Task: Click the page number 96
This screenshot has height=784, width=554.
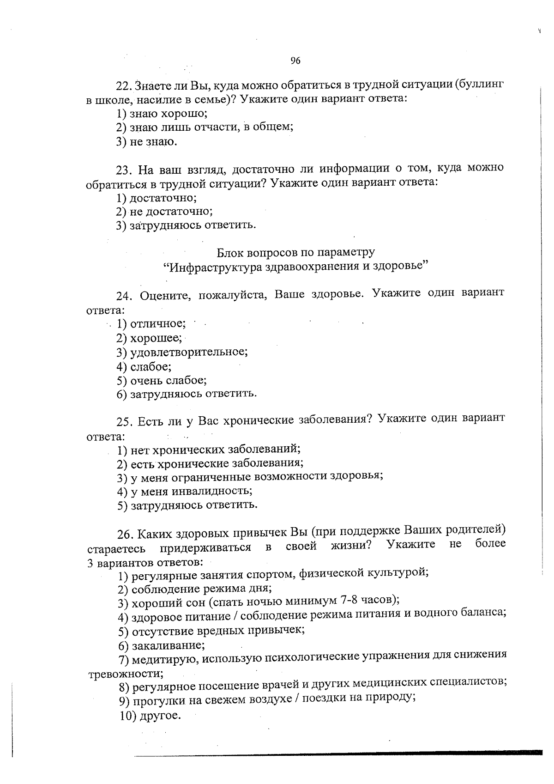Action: [x=295, y=61]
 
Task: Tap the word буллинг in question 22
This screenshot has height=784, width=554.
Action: [x=481, y=85]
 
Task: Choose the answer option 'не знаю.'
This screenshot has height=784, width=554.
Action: [x=147, y=142]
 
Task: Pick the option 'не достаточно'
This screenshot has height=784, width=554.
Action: [x=165, y=212]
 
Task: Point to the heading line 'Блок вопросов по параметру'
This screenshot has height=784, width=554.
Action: [x=295, y=252]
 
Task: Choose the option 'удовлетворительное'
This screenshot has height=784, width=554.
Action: [x=182, y=352]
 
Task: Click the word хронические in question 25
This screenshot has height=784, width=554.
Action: [x=259, y=420]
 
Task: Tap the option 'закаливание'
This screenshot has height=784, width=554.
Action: [x=162, y=645]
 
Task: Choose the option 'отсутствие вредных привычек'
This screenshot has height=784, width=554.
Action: [x=211, y=631]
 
